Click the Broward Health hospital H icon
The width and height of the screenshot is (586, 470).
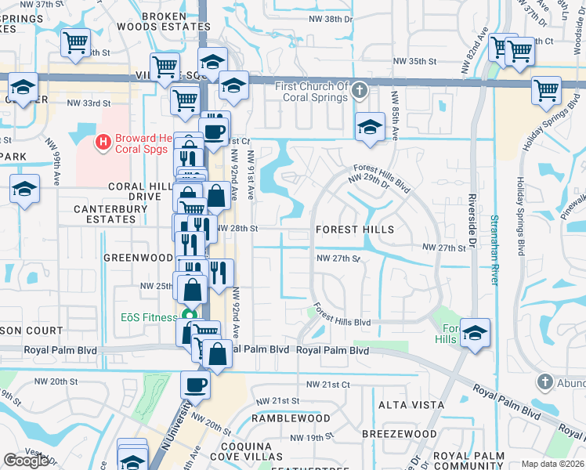point(102,142)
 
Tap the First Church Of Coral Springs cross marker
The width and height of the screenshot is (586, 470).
point(360,89)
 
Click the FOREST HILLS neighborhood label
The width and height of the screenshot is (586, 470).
point(354,230)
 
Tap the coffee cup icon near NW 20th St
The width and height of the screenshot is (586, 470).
point(195,385)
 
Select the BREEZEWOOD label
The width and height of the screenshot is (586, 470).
point(400,433)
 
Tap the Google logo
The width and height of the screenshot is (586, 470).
point(26,461)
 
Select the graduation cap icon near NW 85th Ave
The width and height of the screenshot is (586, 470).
point(369,127)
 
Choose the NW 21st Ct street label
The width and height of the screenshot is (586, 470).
point(327,385)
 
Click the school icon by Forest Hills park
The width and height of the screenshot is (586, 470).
point(475,333)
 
